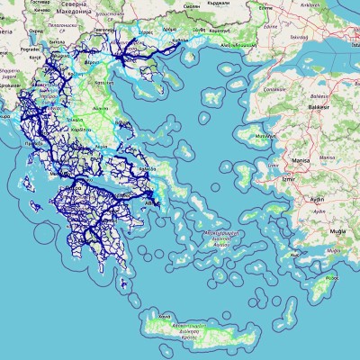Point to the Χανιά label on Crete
tap(164, 318)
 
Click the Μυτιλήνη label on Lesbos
tap(265, 136)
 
